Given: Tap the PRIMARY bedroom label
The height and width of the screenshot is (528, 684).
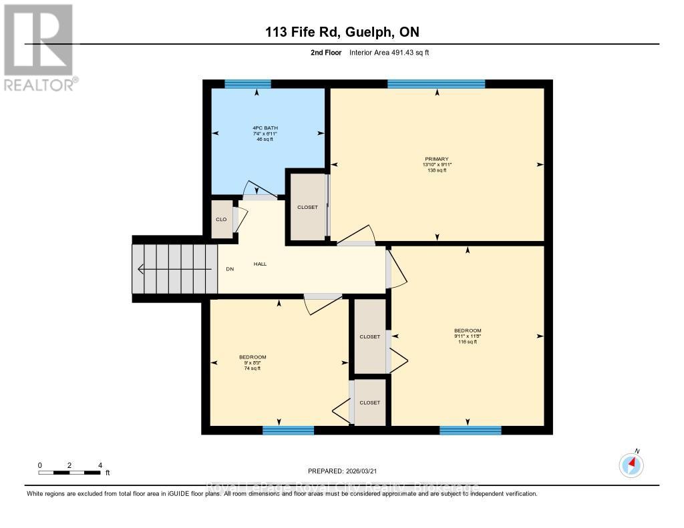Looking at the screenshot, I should tap(436, 164).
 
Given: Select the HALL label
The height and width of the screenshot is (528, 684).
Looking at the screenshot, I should tap(260, 264).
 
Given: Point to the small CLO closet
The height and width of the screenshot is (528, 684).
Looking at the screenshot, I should tap(221, 220).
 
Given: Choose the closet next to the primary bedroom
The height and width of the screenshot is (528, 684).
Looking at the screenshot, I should tap(307, 207).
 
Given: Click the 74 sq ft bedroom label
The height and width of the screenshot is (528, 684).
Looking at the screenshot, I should tap(252, 362).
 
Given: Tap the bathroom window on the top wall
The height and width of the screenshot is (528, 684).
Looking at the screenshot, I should tap(248, 84).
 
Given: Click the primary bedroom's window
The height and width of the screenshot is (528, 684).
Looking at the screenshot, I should tap(436, 84).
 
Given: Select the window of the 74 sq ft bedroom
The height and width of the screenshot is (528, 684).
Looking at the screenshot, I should tap(288, 431).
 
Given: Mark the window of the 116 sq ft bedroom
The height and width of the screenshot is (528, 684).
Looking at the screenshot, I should tap(470, 431).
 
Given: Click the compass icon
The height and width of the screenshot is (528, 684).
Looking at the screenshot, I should tap(631, 465).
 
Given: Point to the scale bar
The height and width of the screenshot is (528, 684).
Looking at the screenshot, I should tap(69, 473).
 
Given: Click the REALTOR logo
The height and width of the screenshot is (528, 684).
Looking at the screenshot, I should tap(39, 47).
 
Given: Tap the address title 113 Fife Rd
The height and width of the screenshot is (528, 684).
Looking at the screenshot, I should tap(341, 32).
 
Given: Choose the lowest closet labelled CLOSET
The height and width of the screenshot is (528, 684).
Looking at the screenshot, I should tap(369, 403).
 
